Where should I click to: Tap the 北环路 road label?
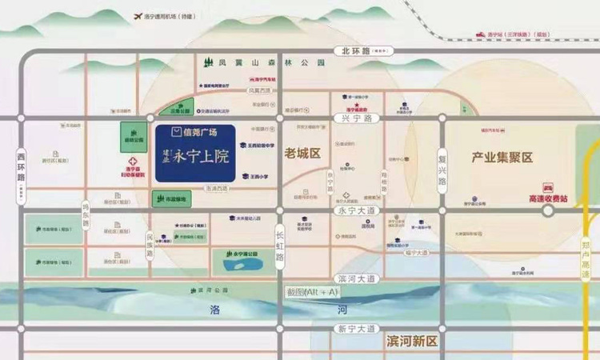pyautogui.click(x=356, y=50)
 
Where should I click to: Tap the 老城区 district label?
pyautogui.click(x=302, y=152)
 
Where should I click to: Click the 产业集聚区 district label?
pyautogui.click(x=502, y=158)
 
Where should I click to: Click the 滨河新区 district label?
pyautogui.click(x=410, y=342)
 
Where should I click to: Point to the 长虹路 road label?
pyautogui.click(x=279, y=246)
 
